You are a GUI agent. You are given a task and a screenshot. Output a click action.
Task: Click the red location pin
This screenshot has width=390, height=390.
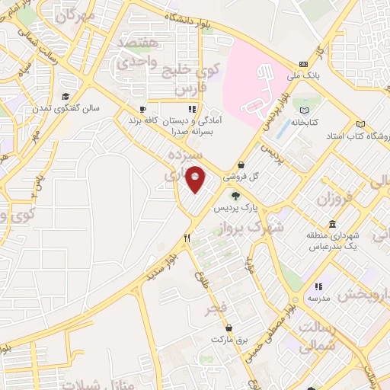point(197,180)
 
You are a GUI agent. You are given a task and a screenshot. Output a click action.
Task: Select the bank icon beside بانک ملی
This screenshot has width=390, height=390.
point(304,63)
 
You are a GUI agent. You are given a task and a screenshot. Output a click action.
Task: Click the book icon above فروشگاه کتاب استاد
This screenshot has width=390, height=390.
point(360,124)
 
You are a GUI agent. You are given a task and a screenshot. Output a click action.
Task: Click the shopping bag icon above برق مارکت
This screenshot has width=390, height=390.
point(228,327)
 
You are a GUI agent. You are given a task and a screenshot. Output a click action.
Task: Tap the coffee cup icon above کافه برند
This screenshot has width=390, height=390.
point(142,108)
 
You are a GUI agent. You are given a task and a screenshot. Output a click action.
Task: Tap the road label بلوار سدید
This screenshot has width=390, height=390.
point(158,273)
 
